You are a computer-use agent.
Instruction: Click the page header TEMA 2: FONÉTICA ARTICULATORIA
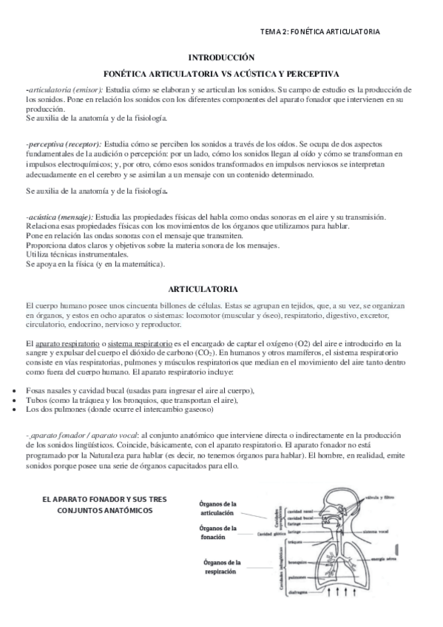coord(321,33)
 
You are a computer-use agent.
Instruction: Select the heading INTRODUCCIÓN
coord(221,58)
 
